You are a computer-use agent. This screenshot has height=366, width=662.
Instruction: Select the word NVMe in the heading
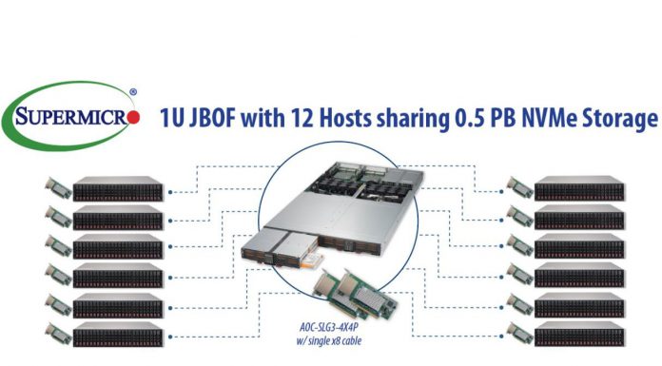(550, 120)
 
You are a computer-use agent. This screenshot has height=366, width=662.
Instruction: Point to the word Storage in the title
(620, 120)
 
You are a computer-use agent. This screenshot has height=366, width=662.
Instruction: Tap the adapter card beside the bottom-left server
(57, 335)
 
